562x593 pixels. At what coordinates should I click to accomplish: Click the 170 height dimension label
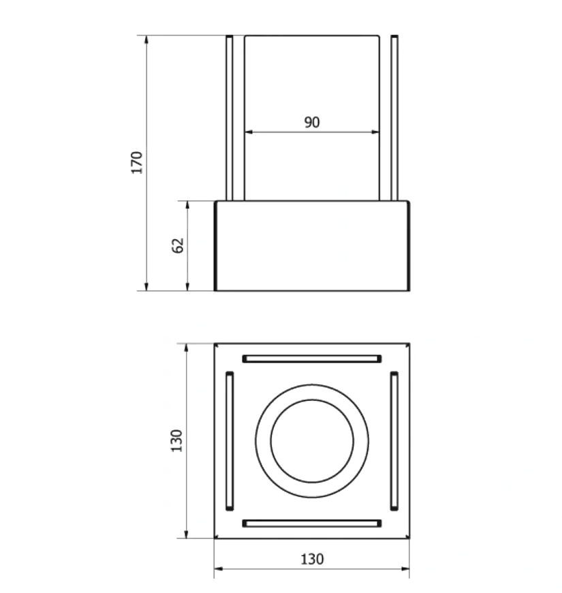pos(137,163)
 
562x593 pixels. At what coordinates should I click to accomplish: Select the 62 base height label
pos(178,245)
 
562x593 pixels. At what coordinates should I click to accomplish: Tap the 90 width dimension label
pos(312,122)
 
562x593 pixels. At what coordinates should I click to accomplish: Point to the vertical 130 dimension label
pos(176,440)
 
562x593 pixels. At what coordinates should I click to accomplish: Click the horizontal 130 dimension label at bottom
pos(312,559)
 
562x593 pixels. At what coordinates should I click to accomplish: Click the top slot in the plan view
pos(312,359)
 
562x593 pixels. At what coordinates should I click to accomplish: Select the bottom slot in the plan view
pos(312,523)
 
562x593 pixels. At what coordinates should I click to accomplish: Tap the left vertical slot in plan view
pos(230,441)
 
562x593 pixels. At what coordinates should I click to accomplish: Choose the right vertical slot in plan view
pos(394,441)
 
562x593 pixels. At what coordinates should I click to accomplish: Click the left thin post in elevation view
pos(230,118)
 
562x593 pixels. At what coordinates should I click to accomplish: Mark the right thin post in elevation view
pos(394,118)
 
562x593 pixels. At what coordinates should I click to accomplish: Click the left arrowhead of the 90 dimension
pos(249,132)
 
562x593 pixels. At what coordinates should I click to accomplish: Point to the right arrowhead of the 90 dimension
pos(375,132)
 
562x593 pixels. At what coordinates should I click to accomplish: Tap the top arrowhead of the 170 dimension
pos(146,40)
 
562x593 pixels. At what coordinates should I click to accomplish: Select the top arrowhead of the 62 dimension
pos(187,205)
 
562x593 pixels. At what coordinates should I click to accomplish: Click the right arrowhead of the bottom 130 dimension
pos(405,568)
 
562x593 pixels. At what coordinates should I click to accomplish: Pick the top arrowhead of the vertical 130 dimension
pos(186,348)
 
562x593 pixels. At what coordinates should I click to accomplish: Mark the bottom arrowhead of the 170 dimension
pos(146,287)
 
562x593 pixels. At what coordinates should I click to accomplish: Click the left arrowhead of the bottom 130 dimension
pos(218,568)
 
